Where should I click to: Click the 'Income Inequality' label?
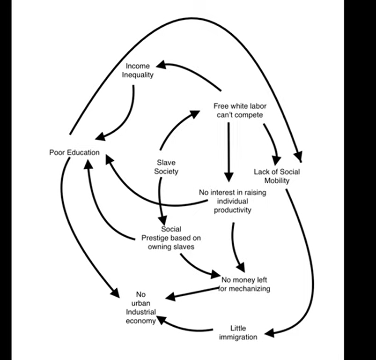pyautogui.click(x=138, y=70)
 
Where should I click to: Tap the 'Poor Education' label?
pyautogui.click(x=74, y=152)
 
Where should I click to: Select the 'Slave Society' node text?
pyautogui.click(x=166, y=167)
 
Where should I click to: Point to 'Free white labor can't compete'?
pyautogui.click(x=240, y=111)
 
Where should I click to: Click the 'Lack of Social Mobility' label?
pyautogui.click(x=277, y=176)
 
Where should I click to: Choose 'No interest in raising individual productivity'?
pyautogui.click(x=233, y=201)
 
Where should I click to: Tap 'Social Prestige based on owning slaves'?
pyautogui.click(x=171, y=238)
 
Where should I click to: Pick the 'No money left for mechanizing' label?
pyautogui.click(x=244, y=284)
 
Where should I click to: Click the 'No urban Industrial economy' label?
pyautogui.click(x=141, y=307)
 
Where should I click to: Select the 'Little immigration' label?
pyautogui.click(x=238, y=333)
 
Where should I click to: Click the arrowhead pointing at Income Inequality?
pyautogui.click(x=161, y=65)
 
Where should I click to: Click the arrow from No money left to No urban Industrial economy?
pyautogui.click(x=192, y=294)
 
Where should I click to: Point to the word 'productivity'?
pyautogui.click(x=233, y=210)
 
